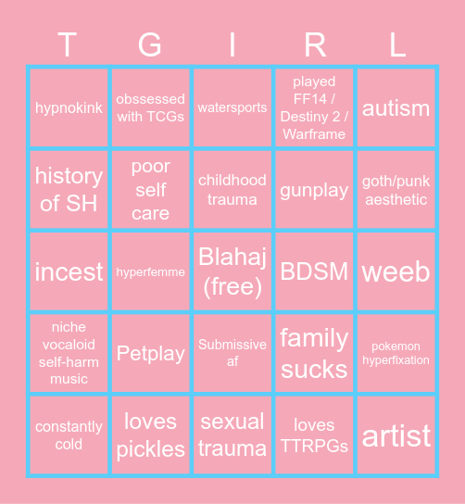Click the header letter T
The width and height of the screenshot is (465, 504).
click(x=69, y=44)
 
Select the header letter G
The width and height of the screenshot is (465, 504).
click(x=151, y=44)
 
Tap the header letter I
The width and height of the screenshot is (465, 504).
click(x=232, y=44)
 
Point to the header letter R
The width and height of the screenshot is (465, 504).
click(x=314, y=44)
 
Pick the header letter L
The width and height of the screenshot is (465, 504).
click(x=396, y=44)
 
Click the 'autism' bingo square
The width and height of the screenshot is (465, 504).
click(x=396, y=107)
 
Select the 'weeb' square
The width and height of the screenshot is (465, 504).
click(x=396, y=271)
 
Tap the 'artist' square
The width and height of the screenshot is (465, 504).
click(x=396, y=435)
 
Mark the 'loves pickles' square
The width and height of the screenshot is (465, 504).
click(x=151, y=435)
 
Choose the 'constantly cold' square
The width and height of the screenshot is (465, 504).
click(x=69, y=435)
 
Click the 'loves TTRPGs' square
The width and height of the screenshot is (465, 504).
click(x=314, y=435)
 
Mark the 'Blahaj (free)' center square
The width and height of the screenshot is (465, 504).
click(x=232, y=271)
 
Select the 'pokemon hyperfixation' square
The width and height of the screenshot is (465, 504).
click(x=396, y=353)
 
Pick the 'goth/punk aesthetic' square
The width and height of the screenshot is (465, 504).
click(x=396, y=190)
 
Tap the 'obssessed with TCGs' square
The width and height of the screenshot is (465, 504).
click(x=151, y=107)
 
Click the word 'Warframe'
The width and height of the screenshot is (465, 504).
click(x=314, y=134)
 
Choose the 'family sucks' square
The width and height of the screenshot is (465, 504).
click(x=314, y=353)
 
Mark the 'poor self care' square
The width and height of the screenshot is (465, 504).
click(x=151, y=190)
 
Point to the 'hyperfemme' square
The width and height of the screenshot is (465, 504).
click(x=151, y=271)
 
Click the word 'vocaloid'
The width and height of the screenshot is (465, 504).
click(x=69, y=345)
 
